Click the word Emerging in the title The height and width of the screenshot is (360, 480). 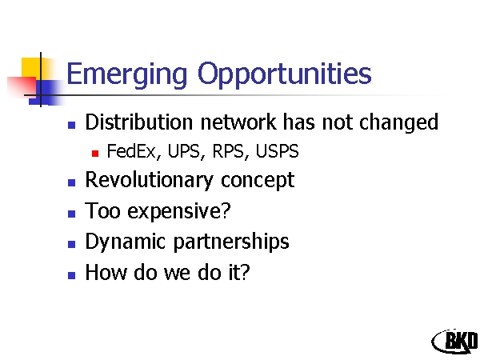[126, 75]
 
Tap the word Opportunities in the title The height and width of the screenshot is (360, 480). [285, 75]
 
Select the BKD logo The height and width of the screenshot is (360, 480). [455, 342]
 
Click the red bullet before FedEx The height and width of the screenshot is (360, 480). [95, 153]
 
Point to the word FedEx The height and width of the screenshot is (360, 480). [131, 151]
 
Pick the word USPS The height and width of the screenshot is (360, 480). [277, 151]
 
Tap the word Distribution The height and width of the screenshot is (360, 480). [139, 122]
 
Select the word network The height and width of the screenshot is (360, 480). [238, 122]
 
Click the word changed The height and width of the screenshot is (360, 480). [398, 122]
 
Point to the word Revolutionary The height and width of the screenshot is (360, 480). [149, 180]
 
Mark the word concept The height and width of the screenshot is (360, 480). [258, 181]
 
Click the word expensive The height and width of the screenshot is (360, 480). [178, 211]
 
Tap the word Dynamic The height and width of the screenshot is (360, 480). [126, 242]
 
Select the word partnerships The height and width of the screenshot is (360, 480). [231, 242]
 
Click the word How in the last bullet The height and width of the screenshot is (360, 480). [106, 272]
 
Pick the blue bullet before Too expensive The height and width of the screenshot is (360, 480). [72, 214]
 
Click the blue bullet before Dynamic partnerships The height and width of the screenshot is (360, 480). [72, 244]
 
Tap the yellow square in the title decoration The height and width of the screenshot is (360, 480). [30, 67]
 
